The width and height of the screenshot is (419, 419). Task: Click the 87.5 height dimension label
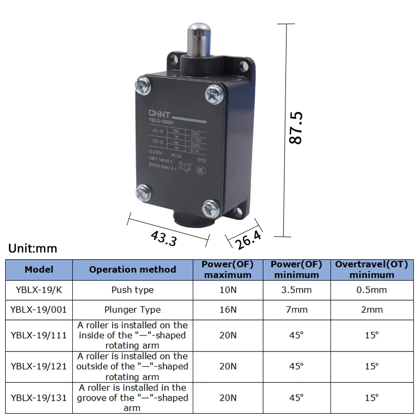296,128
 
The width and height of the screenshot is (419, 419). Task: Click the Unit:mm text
33,249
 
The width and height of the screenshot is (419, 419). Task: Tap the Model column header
39,270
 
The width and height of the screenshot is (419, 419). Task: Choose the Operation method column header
133,270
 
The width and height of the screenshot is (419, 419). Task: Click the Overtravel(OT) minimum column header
371,270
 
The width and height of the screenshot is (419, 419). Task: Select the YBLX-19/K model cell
39,290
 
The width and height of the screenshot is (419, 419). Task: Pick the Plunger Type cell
133,310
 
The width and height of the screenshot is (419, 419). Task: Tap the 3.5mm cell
296,290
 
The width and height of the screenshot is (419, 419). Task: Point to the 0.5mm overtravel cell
371,290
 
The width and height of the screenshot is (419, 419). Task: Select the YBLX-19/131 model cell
39,398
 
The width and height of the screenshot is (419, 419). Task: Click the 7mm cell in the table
296,310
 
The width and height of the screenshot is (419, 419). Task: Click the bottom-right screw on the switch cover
211,208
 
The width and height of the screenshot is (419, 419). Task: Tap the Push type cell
133,290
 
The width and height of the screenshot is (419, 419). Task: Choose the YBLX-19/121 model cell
39,366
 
